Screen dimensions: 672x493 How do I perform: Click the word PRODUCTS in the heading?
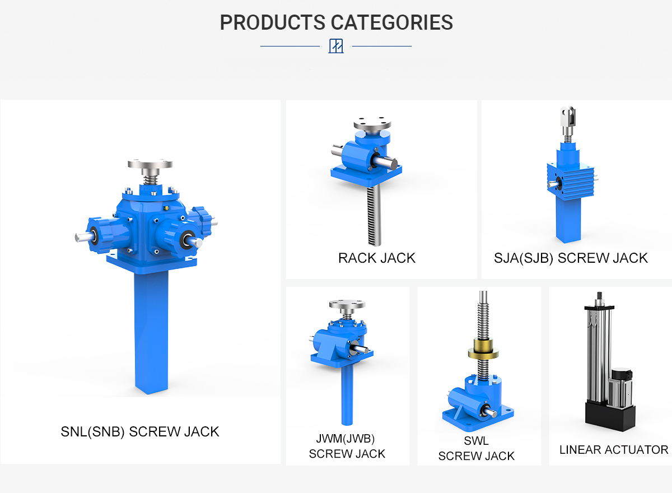(272, 22)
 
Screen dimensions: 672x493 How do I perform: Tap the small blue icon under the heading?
(336, 46)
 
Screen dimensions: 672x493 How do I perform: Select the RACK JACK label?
(377, 258)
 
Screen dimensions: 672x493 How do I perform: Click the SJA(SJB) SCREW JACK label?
(571, 258)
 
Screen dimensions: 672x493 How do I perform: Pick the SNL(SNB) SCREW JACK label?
(140, 432)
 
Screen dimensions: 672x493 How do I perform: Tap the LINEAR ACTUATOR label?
(614, 450)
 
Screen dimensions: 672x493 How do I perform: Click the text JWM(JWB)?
(346, 439)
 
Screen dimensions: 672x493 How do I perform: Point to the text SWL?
(477, 441)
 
